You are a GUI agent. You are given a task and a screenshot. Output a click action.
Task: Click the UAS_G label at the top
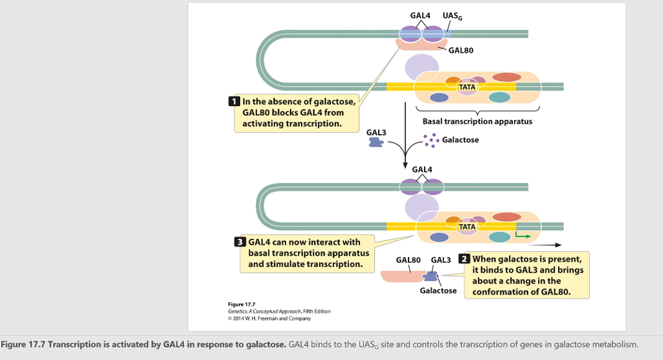452,16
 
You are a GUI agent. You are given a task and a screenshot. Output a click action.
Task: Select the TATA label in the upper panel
467,87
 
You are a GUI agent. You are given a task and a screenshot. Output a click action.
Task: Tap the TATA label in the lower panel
467,227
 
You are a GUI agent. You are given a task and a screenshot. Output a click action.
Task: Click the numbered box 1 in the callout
234,102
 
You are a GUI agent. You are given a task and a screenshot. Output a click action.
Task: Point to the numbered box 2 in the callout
464,259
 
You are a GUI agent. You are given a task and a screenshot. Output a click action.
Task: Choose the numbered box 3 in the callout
239,242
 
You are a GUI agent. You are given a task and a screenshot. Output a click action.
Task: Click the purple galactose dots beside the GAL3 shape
430,139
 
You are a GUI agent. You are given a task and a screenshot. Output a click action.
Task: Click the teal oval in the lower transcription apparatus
499,238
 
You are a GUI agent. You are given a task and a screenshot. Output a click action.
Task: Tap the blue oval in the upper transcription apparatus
439,98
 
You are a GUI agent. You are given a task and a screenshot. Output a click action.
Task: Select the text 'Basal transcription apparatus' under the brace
477,121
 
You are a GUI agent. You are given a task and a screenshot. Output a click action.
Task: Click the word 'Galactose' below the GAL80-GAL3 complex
438,291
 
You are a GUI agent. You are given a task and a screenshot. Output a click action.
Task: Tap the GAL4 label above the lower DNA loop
421,170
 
